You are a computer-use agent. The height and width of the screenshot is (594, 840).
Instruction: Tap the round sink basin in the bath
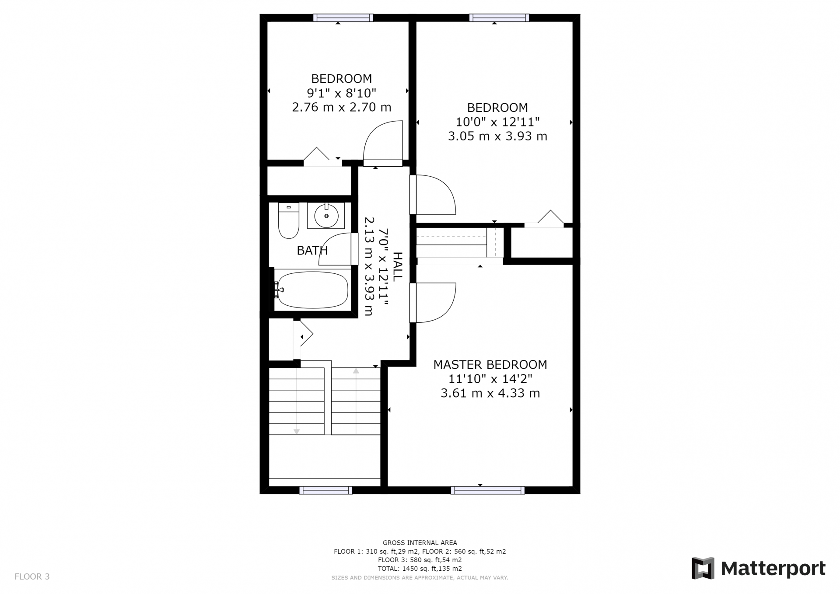point(326,216)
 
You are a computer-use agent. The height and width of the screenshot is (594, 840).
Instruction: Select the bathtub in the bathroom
point(313,290)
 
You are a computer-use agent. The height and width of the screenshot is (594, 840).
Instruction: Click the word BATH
point(312,251)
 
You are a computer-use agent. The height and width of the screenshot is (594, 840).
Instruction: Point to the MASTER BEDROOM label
point(490,364)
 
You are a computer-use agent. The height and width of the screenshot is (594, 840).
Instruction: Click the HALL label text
point(397,266)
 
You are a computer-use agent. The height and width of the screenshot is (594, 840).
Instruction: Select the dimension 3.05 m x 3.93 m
point(497,136)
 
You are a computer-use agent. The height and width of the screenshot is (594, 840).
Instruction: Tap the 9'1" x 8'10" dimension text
point(342,93)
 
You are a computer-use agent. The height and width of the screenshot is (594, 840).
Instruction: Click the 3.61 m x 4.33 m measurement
point(490,393)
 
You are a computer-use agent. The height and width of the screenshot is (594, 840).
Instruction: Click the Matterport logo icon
point(703,568)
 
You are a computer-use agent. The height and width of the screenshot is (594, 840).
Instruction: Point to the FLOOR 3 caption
point(32,577)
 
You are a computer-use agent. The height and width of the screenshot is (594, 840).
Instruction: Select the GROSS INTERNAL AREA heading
point(420,543)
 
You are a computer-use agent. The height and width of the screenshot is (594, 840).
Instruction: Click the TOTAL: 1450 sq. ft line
point(420,569)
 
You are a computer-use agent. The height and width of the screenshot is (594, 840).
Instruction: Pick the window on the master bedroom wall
point(487,490)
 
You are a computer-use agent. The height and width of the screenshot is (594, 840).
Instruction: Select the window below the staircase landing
point(326,490)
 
